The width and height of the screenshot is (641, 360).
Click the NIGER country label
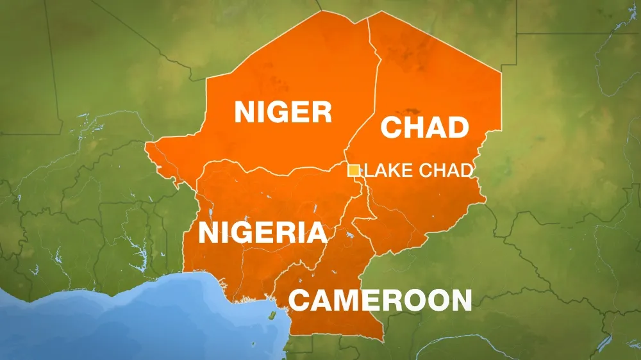click(283, 112)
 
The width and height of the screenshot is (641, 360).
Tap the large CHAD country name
click(424, 127)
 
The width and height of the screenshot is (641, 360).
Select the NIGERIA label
click(262, 233)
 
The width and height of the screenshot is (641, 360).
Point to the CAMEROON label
click(380, 300)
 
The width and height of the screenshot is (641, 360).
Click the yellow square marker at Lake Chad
click(353, 170)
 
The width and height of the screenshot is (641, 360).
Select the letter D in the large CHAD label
click(458, 127)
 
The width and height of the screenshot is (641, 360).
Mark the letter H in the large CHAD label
click(412, 127)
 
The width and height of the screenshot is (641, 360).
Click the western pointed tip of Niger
click(147, 146)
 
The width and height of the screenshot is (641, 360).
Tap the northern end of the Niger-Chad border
click(367, 19)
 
